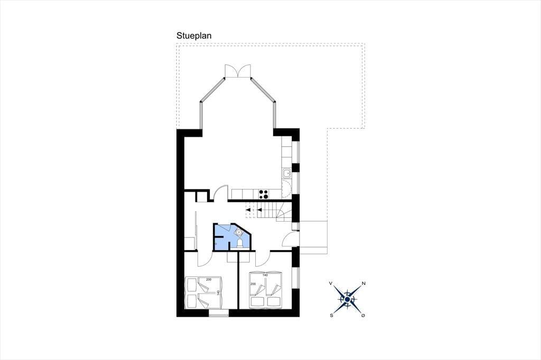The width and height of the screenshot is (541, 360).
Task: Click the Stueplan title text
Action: pos(194,36)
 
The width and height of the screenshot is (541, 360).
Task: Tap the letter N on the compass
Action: pos(363,283)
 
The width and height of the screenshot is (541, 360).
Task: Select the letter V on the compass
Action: pos(331,283)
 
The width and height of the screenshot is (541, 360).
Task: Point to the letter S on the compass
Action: pos(332,315)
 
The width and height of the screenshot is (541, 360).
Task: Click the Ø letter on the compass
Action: pos(363,315)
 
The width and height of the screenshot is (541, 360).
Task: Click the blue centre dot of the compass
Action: pos(347,299)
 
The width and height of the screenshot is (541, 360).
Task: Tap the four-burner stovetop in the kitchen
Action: pos(263,194)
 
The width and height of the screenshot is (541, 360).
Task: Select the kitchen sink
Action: pos(287,173)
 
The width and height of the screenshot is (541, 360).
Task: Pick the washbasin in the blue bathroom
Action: pos(238,232)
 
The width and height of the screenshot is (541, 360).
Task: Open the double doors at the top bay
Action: pos(237,71)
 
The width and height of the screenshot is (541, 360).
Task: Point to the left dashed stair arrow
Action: pos(248,210)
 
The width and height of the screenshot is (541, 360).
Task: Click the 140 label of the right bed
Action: pos(265,275)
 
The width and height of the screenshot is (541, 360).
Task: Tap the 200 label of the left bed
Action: pos(208,279)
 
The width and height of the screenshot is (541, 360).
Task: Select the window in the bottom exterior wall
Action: pos(219,313)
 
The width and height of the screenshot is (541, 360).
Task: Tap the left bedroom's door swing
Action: pos(204,259)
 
